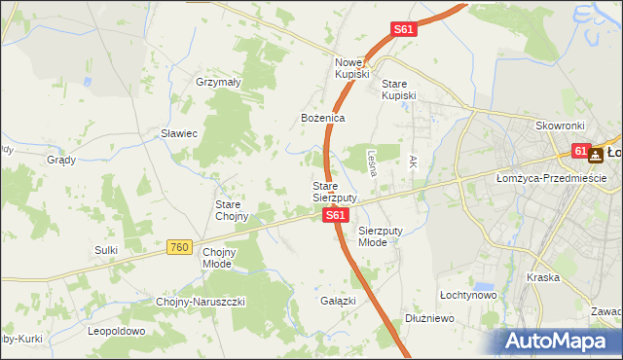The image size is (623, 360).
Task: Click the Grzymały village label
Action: pos(217,83)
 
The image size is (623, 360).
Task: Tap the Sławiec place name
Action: pos(179,133)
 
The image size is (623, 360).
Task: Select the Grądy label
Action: pos(61,160)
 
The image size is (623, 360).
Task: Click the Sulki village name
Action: pos(106,250)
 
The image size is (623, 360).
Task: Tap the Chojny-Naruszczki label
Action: pos(201,302)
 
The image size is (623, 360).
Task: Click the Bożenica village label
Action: pos(322,118)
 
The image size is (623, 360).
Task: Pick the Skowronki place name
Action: pos(559,126)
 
